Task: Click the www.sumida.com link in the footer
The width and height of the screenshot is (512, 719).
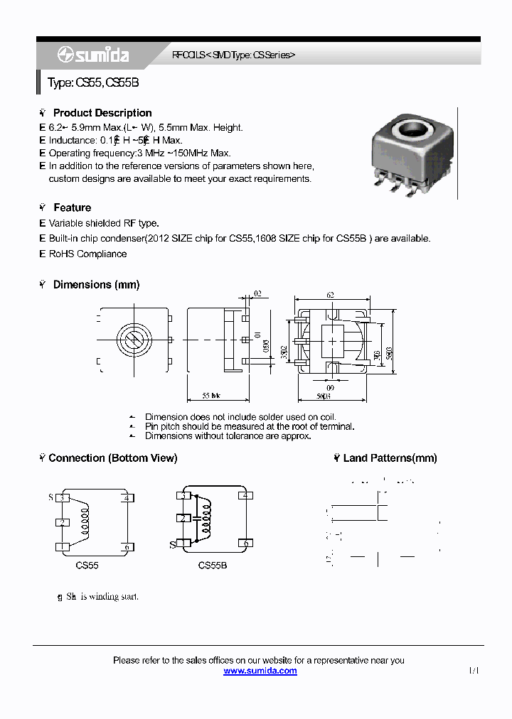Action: pos(260,671)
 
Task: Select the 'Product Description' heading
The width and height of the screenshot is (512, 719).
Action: pos(102,113)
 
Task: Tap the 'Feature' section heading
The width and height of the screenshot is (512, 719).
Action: pos(72,207)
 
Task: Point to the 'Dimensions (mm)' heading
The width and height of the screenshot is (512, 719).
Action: pos(96,284)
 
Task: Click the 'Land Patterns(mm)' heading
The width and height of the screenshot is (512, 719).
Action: pos(390,458)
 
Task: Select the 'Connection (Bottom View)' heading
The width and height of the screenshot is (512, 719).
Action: pos(112,458)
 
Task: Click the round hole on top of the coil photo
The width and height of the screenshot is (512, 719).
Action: pos(413,131)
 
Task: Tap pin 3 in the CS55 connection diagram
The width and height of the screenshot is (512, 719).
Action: pos(63,497)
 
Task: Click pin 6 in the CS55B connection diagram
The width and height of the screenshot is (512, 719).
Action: pos(246,544)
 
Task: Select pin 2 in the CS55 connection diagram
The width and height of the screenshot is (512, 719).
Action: pos(63,522)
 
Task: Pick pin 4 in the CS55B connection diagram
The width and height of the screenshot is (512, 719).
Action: pos(246,495)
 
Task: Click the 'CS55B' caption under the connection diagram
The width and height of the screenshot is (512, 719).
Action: pos(212,566)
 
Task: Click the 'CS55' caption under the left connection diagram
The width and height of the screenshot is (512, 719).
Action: pos(87,566)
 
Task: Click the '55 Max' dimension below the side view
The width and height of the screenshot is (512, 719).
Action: pos(210,394)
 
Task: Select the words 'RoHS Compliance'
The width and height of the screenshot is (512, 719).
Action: pos(87,254)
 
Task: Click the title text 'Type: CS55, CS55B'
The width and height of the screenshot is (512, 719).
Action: pos(92,82)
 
